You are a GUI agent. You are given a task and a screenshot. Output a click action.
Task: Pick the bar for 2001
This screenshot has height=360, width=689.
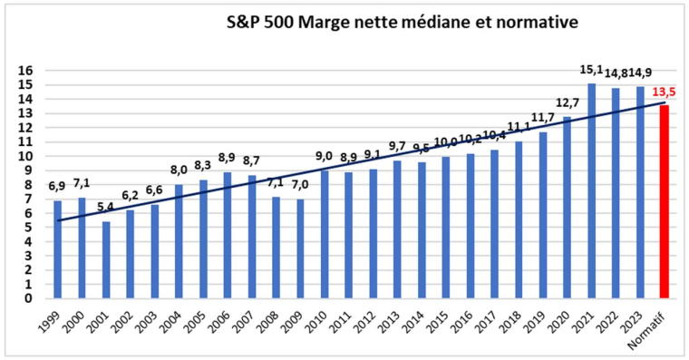tap(106, 259)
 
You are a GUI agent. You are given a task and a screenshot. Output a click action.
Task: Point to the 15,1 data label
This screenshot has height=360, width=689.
tap(591, 71)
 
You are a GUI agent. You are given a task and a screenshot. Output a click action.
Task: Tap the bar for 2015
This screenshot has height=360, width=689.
tap(446, 227)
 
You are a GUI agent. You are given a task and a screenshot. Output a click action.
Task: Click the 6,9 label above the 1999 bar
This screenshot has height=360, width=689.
tap(57, 188)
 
